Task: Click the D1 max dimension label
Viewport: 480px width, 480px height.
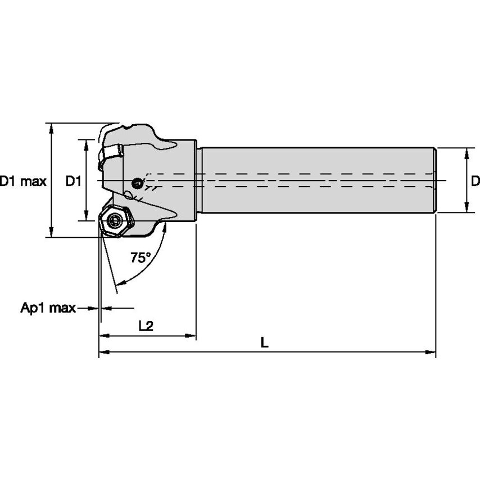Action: coord(22,181)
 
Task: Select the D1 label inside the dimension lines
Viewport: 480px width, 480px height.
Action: coord(74,181)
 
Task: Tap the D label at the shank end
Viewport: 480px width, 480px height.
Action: coord(475,181)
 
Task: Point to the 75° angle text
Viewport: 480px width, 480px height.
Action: coord(141,258)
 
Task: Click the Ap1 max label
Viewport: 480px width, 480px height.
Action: coord(48,308)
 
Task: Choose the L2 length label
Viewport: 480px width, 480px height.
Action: coord(146,326)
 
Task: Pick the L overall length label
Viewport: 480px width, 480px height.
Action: coord(264,342)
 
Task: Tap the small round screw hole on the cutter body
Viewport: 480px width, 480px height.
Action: coord(137,182)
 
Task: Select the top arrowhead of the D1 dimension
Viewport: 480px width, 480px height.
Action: coord(86,143)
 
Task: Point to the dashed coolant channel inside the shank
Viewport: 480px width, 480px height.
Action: coord(292,180)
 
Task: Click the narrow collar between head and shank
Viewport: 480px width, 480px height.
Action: coord(198,180)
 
